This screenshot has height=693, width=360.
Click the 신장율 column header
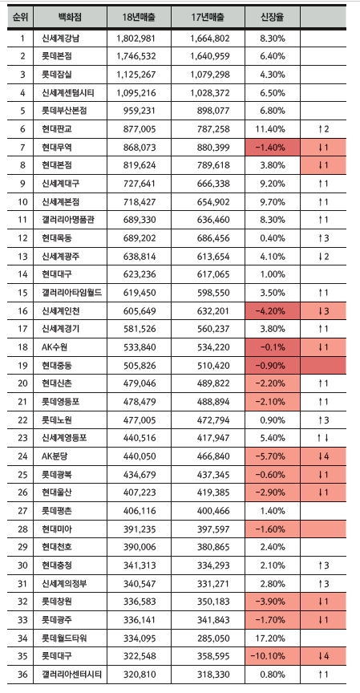272,17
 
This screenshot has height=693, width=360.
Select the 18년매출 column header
139,17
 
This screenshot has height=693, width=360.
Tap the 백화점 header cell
70,17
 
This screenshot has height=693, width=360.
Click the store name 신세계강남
60,38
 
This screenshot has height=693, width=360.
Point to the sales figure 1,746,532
136,57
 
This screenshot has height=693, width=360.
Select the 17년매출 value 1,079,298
210,75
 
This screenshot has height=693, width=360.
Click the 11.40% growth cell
272,129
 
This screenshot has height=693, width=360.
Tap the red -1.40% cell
272,147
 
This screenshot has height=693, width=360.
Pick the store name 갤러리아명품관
67,220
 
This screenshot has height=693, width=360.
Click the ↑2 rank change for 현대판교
323,129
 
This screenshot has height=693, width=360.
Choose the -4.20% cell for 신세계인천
272,310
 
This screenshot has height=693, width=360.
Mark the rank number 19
22,365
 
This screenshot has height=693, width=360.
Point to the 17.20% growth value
272,638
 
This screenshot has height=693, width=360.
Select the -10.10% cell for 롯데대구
272,656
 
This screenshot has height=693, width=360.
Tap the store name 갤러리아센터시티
71,674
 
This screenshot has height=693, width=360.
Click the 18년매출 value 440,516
140,438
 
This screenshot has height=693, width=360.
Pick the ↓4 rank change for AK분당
323,456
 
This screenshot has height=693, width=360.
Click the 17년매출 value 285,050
213,638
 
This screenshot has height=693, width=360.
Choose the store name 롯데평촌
57,510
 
